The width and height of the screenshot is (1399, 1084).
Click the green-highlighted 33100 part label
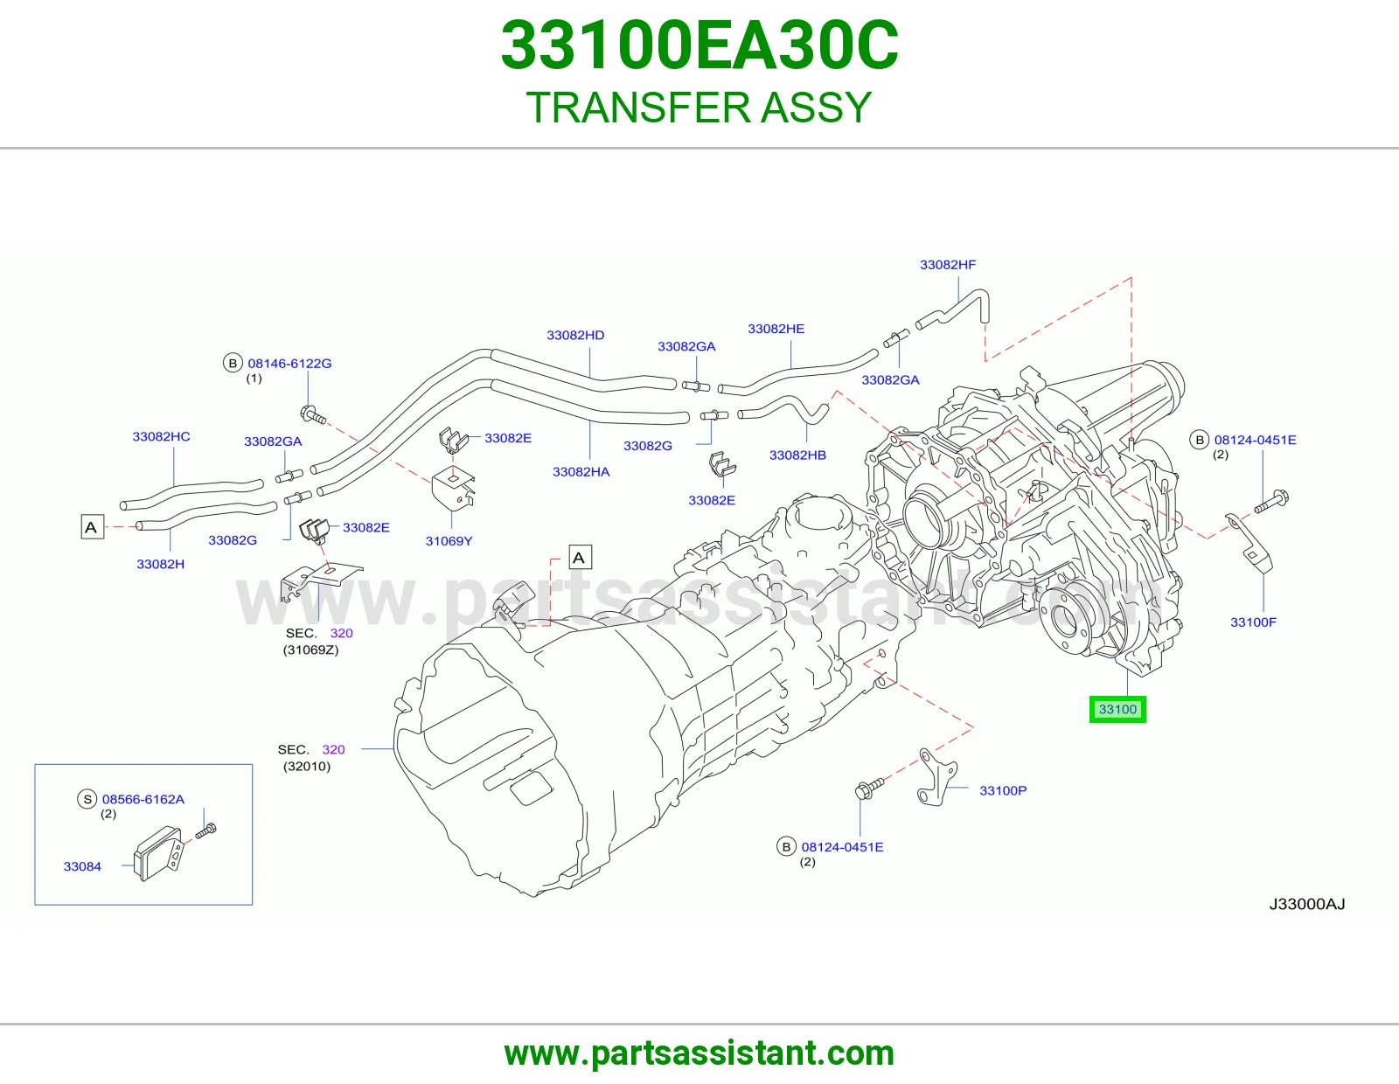[x=1117, y=709]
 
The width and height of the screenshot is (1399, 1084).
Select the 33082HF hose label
[x=947, y=265]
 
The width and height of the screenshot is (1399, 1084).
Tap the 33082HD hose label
[x=575, y=335]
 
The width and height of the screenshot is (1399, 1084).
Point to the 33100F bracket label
[x=1253, y=622]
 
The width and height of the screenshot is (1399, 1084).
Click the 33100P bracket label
[x=1002, y=790]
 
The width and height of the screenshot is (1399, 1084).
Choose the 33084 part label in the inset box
[x=82, y=866]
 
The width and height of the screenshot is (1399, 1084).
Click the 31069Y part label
[x=449, y=541]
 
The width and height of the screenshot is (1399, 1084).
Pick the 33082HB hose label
[x=797, y=455]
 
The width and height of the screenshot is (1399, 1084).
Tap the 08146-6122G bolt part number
[x=289, y=363]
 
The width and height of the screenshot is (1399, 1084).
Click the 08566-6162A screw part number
[x=143, y=799]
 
